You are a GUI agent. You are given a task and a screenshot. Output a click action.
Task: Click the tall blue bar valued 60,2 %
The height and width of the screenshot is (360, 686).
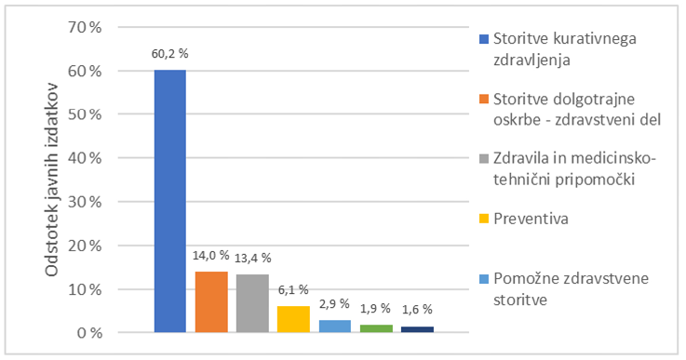(x=170, y=200)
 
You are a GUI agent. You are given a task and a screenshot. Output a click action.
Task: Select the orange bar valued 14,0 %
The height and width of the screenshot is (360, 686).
(x=211, y=301)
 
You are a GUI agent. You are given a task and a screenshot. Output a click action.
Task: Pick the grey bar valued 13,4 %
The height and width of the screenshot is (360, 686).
(x=252, y=303)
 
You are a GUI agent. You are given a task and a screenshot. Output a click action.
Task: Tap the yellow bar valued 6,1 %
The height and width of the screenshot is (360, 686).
(x=293, y=319)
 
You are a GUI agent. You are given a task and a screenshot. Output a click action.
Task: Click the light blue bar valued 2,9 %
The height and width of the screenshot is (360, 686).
(x=335, y=326)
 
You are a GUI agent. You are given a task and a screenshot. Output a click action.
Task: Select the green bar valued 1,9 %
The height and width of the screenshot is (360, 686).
(x=376, y=328)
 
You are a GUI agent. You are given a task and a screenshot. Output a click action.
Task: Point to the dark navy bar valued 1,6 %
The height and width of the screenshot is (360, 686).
(x=417, y=329)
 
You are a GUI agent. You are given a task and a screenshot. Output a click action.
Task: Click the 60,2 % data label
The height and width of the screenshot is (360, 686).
(x=171, y=53)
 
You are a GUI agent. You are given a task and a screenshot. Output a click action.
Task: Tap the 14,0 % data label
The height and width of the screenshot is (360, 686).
(x=211, y=254)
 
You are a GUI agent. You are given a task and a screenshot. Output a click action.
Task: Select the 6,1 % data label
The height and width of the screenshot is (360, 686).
(x=293, y=289)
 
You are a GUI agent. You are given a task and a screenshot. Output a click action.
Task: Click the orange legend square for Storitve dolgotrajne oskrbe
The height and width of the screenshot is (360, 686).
(x=484, y=99)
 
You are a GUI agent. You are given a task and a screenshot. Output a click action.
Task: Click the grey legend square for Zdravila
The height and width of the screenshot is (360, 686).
(x=484, y=159)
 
